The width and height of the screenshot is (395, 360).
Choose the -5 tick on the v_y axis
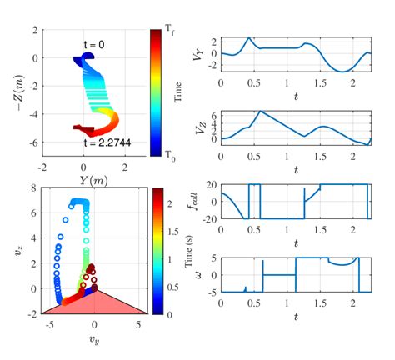pyautogui.click(x=52, y=324)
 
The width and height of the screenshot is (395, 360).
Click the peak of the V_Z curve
pyautogui.click(x=260, y=111)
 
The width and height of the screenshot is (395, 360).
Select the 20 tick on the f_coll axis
pyautogui.click(x=211, y=184)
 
